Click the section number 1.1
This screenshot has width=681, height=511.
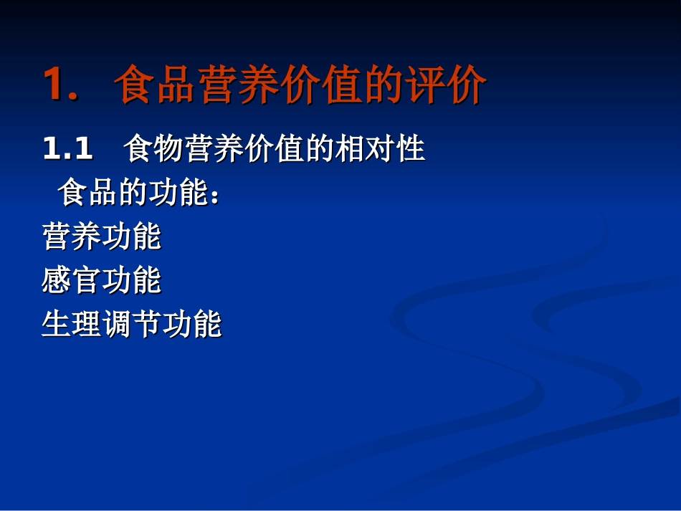pyautogui.click(x=68, y=149)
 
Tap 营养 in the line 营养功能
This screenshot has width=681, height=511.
pyautogui.click(x=72, y=237)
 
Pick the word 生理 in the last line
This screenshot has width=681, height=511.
pyautogui.click(x=72, y=325)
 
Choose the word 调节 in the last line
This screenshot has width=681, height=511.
pyautogui.click(x=132, y=325)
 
